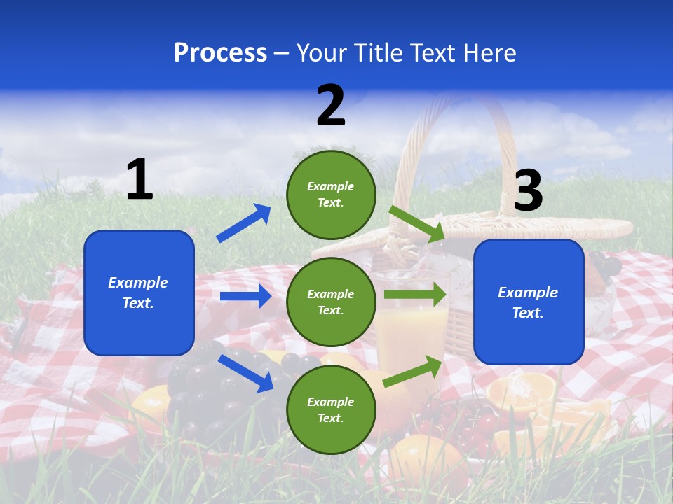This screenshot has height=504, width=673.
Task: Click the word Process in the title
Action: tap(220, 53)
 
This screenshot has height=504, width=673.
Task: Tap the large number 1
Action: tap(140, 180)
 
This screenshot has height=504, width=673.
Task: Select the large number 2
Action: tap(331, 106)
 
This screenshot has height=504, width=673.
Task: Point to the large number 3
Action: tap(529, 191)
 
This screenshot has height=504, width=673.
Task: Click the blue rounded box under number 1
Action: tap(139, 293)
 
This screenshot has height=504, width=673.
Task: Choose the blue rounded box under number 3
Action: tap(529, 302)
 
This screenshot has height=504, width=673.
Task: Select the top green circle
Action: tap(331, 195)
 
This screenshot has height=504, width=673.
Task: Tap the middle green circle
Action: tap(331, 302)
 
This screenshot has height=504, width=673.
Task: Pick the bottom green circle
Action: tap(331, 409)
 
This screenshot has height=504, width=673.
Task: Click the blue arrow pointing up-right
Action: tap(244, 223)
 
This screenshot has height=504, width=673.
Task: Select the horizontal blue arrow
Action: tap(245, 296)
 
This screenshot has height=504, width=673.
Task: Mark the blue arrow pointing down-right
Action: tap(246, 372)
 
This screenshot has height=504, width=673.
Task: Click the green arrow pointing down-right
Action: tap(416, 223)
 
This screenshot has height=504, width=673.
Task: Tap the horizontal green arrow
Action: tap(415, 294)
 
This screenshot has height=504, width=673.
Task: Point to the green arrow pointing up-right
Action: tap(413, 371)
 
